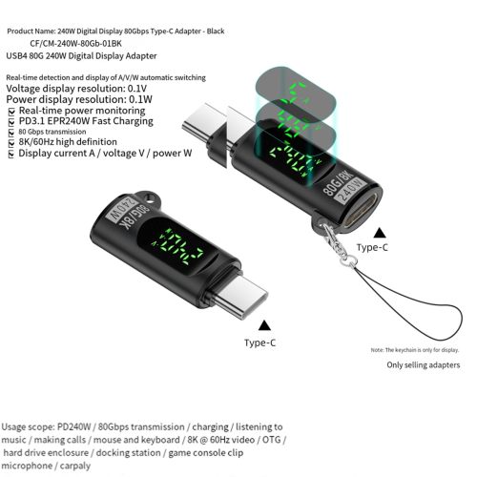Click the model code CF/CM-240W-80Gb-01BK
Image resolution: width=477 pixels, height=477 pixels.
coord(85,43)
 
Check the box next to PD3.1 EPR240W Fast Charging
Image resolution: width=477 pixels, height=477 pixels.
coord(10,122)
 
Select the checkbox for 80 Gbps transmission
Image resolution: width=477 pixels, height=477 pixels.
coord(10,132)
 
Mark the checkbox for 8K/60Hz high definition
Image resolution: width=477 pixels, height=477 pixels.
coord(10,142)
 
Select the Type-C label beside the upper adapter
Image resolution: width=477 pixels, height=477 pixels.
coord(372,248)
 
